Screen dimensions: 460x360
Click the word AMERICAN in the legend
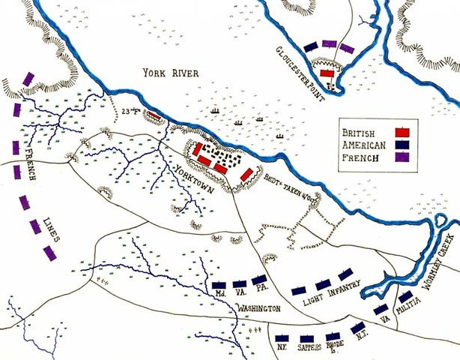click(364, 143)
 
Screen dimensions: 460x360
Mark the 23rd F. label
click(130, 114)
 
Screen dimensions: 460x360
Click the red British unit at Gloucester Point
click(327, 72)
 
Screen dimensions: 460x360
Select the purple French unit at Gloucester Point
click(346, 48)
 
